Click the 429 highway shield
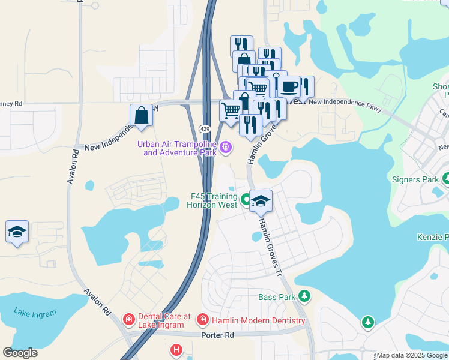click(x=205, y=129)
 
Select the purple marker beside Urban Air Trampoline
click(x=226, y=146)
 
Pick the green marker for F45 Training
click(x=246, y=200)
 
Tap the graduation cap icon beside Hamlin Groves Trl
click(x=261, y=201)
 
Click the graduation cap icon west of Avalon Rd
click(x=17, y=232)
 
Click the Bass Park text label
click(x=277, y=297)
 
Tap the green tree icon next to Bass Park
click(x=305, y=296)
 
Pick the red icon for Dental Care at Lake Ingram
click(x=128, y=319)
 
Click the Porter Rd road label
click(x=218, y=335)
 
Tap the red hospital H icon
click(x=176, y=349)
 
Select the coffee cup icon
click(x=289, y=86)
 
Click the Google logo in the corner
click(x=20, y=353)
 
